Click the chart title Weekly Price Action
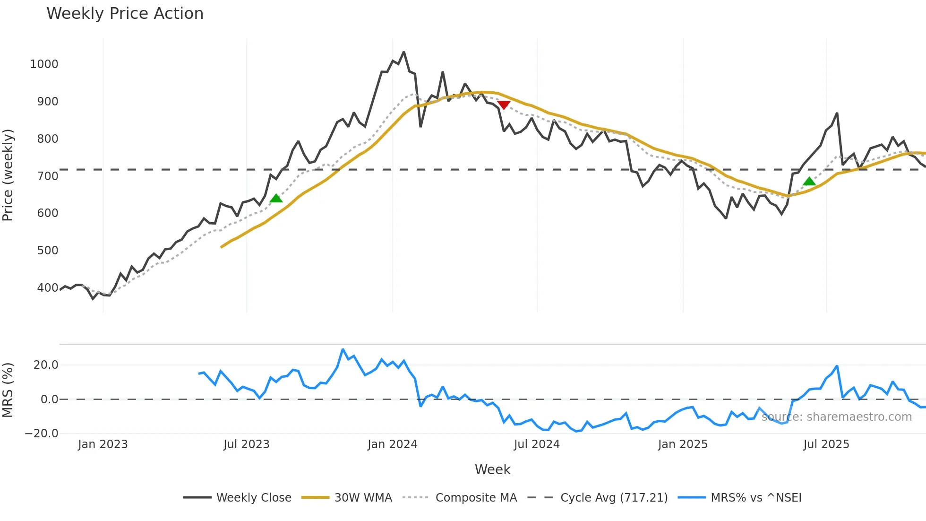click(125, 14)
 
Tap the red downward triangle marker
click(504, 105)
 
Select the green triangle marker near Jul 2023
click(276, 198)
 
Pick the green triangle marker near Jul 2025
click(809, 181)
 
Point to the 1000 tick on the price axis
click(44, 64)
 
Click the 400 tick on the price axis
click(47, 287)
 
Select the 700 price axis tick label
click(47, 176)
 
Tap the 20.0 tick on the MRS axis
click(46, 365)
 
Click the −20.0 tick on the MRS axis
click(42, 433)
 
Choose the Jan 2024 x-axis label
click(392, 444)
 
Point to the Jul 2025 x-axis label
click(826, 444)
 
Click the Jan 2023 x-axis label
click(103, 444)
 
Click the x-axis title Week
click(492, 469)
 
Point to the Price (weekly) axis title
click(8, 175)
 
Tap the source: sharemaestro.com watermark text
click(836, 417)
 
